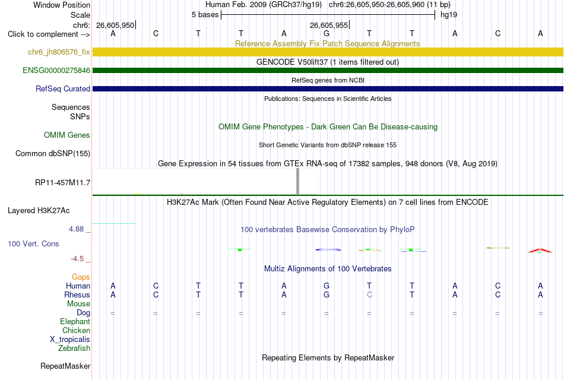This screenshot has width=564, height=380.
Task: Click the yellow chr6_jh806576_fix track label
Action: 59,52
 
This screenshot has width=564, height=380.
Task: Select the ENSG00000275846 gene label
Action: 56,70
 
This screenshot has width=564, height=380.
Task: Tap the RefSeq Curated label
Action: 63,88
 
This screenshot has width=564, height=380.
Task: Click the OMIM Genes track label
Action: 67,135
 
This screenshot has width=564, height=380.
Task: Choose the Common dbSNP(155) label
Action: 53,153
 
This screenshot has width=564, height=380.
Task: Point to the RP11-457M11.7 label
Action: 62,182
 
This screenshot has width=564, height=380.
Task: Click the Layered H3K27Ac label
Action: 39,211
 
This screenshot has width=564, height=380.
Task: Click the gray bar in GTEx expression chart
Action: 297,181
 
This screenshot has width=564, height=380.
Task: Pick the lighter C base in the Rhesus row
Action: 369,294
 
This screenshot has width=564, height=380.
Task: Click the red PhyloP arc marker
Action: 540,250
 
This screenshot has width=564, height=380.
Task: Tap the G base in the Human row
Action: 327,286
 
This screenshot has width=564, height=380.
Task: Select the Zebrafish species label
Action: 74,348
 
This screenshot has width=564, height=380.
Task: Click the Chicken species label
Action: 76,330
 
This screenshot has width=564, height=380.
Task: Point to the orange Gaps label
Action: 81,277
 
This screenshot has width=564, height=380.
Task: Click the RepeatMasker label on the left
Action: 65,366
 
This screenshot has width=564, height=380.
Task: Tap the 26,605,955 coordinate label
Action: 329,25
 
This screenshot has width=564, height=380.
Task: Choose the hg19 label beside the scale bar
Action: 449,15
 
